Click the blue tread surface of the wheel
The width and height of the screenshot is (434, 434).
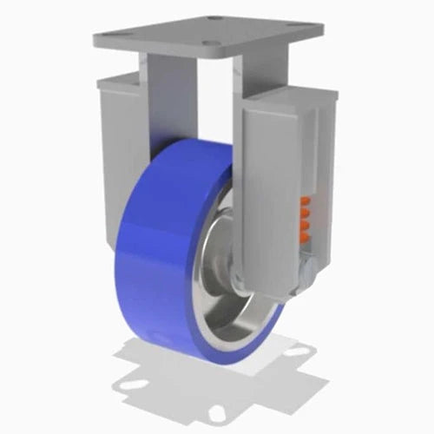(x=156, y=252)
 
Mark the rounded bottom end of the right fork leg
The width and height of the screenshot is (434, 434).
(x=260, y=286)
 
